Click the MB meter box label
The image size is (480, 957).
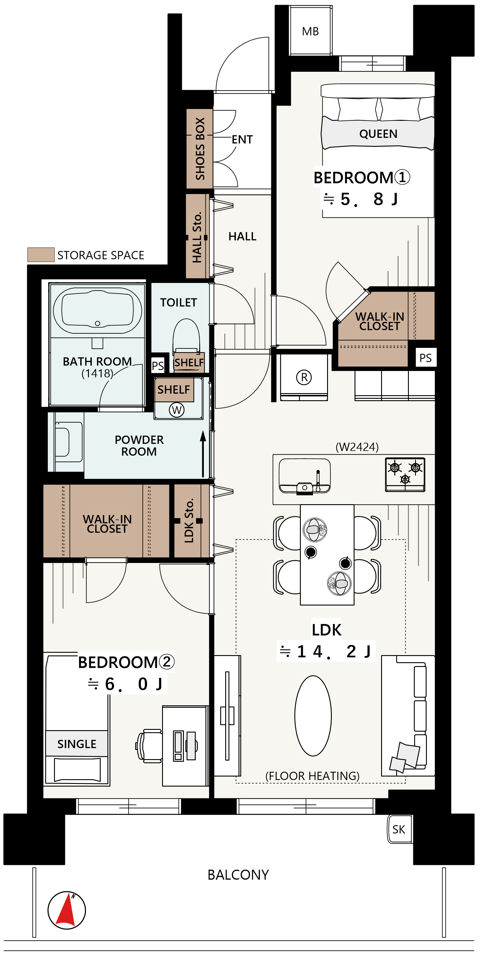point(310,32)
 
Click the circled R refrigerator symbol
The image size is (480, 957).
point(304,377)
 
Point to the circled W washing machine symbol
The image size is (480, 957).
point(177,410)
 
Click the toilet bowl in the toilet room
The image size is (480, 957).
point(186,336)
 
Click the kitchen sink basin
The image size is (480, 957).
point(304,476)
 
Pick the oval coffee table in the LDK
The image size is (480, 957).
point(313,716)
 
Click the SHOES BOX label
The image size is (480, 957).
point(200,149)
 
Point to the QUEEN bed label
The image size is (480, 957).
point(378,134)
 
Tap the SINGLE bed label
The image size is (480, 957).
point(77,744)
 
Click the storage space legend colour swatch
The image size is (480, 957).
point(41,255)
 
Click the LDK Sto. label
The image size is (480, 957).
point(189,520)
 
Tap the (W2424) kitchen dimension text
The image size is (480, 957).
point(357,447)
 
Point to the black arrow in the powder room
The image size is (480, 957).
point(203,454)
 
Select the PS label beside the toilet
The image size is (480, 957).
point(158,366)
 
